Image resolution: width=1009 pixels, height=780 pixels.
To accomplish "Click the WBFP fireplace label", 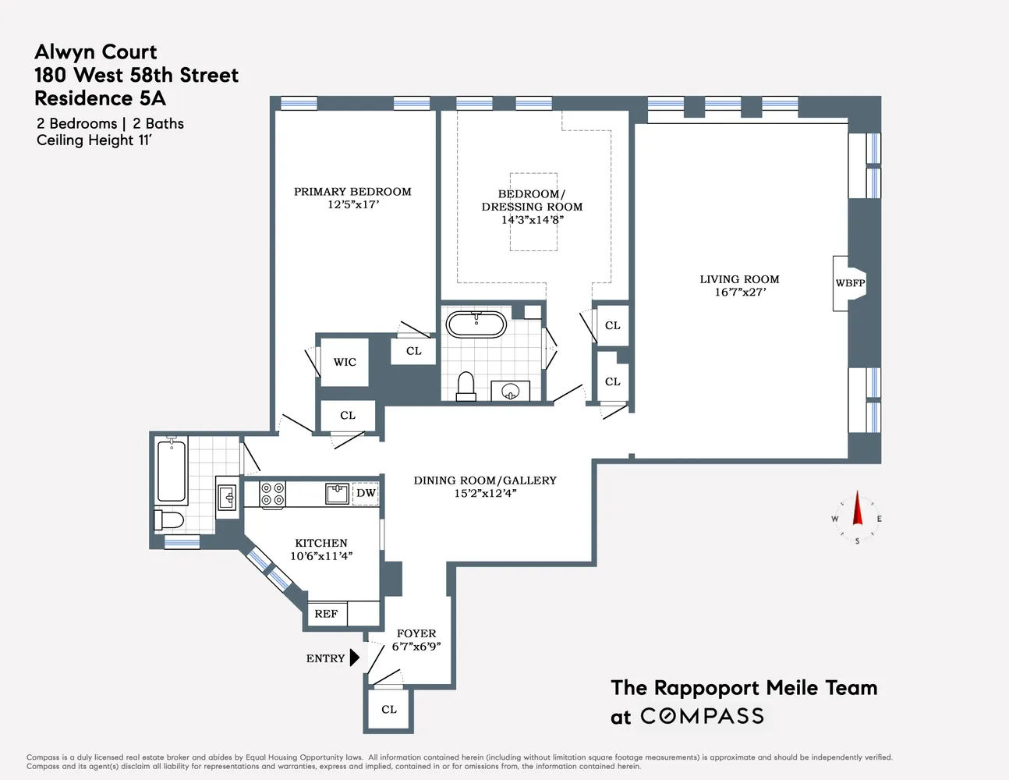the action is pos(850,282).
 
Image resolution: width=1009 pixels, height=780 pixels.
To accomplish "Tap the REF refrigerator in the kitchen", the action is pos(327,613).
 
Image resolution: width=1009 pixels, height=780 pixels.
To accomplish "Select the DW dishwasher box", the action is pos(366,493).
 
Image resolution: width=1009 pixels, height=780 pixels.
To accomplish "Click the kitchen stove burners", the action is pos(273,494).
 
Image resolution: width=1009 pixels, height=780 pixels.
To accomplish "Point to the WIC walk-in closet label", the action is pos(345,362).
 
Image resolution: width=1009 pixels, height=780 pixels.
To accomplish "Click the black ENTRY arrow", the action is pos(354,658).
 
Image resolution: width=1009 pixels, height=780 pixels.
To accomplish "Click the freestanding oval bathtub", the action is pos(476,324).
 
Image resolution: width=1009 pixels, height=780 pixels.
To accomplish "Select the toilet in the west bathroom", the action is pos(169,520).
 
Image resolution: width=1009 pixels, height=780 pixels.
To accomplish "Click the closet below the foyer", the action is pos(388,710).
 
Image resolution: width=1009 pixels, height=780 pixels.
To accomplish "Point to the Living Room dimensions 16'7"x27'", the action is pos(740,292).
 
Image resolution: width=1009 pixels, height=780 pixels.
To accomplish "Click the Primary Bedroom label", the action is pos(353,192).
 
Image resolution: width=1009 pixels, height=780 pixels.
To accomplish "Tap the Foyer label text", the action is pos(416,633).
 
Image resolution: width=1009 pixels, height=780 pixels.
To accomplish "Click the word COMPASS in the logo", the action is pos(702,716).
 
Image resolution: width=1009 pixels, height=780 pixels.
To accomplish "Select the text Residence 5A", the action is pos(101,98).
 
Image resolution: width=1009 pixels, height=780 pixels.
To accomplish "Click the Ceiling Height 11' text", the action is pos(94,140).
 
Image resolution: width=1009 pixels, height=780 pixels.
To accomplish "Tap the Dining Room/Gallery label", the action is pos(485,480).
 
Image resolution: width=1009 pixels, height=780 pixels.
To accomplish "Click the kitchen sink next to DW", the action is pos(337,494).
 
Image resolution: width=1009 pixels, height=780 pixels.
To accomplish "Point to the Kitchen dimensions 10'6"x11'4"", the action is pos(321,556).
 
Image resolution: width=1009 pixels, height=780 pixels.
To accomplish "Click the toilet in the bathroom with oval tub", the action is pos(466,386).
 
